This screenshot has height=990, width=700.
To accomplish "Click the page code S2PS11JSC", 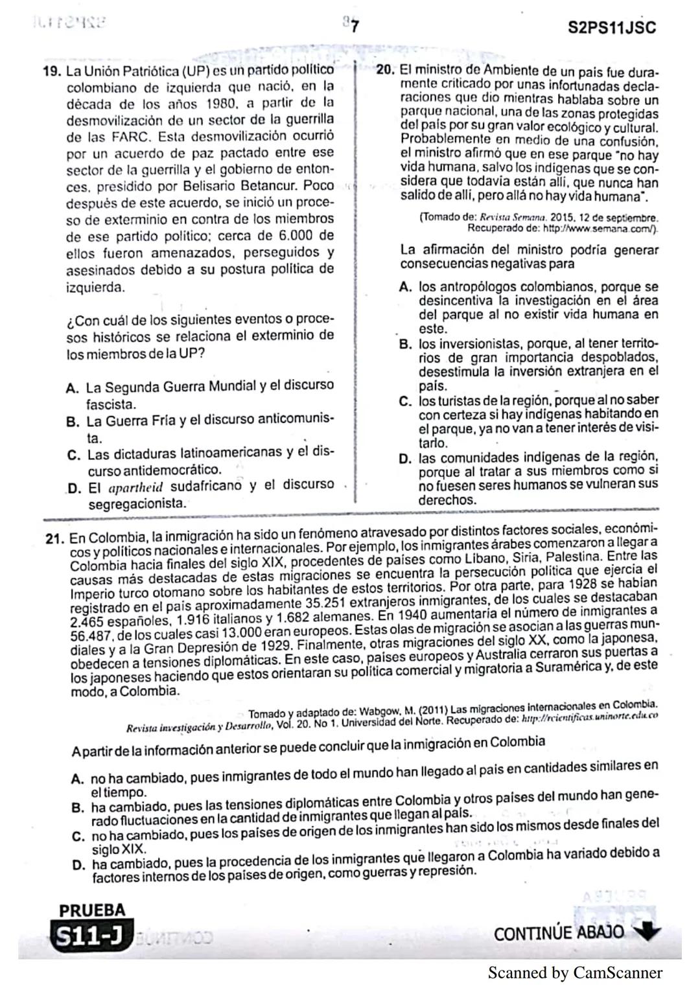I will [611, 29].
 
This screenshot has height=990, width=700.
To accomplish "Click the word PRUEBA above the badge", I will [92, 910].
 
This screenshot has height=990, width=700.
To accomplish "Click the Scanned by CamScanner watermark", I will [575, 973].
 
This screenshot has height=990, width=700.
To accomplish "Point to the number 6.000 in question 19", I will [299, 236].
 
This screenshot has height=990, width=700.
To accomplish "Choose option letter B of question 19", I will [73, 422].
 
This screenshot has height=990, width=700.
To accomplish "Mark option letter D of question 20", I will [406, 458].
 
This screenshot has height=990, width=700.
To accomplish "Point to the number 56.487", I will [92, 636].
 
